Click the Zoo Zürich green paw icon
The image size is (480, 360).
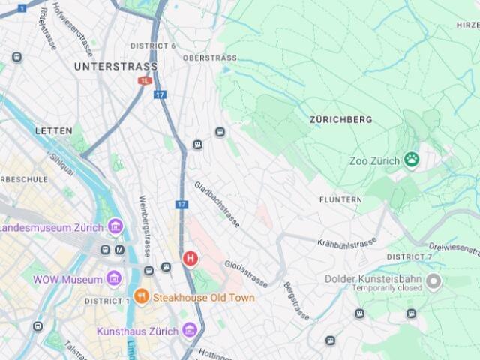[x=411, y=160]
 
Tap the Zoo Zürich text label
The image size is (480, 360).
[x=374, y=161]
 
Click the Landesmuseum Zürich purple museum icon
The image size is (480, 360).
[x=115, y=226]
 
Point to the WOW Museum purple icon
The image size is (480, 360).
[x=113, y=279]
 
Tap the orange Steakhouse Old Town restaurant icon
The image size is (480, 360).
[x=142, y=297]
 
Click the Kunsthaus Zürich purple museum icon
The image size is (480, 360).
[x=189, y=330]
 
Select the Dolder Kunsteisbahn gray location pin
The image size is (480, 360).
[x=433, y=282]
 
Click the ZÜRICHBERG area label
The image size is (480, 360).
[x=340, y=119]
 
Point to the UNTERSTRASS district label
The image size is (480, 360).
[x=105, y=67]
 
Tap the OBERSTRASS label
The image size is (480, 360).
[x=209, y=58]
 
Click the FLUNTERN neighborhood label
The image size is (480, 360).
[x=340, y=200]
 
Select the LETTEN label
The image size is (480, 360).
[x=54, y=131]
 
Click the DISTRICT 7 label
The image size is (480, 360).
[x=409, y=257]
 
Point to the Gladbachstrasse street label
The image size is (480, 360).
[x=217, y=204]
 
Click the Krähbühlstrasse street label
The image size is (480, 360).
[x=346, y=243]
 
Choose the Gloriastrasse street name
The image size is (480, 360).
[x=246, y=274]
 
